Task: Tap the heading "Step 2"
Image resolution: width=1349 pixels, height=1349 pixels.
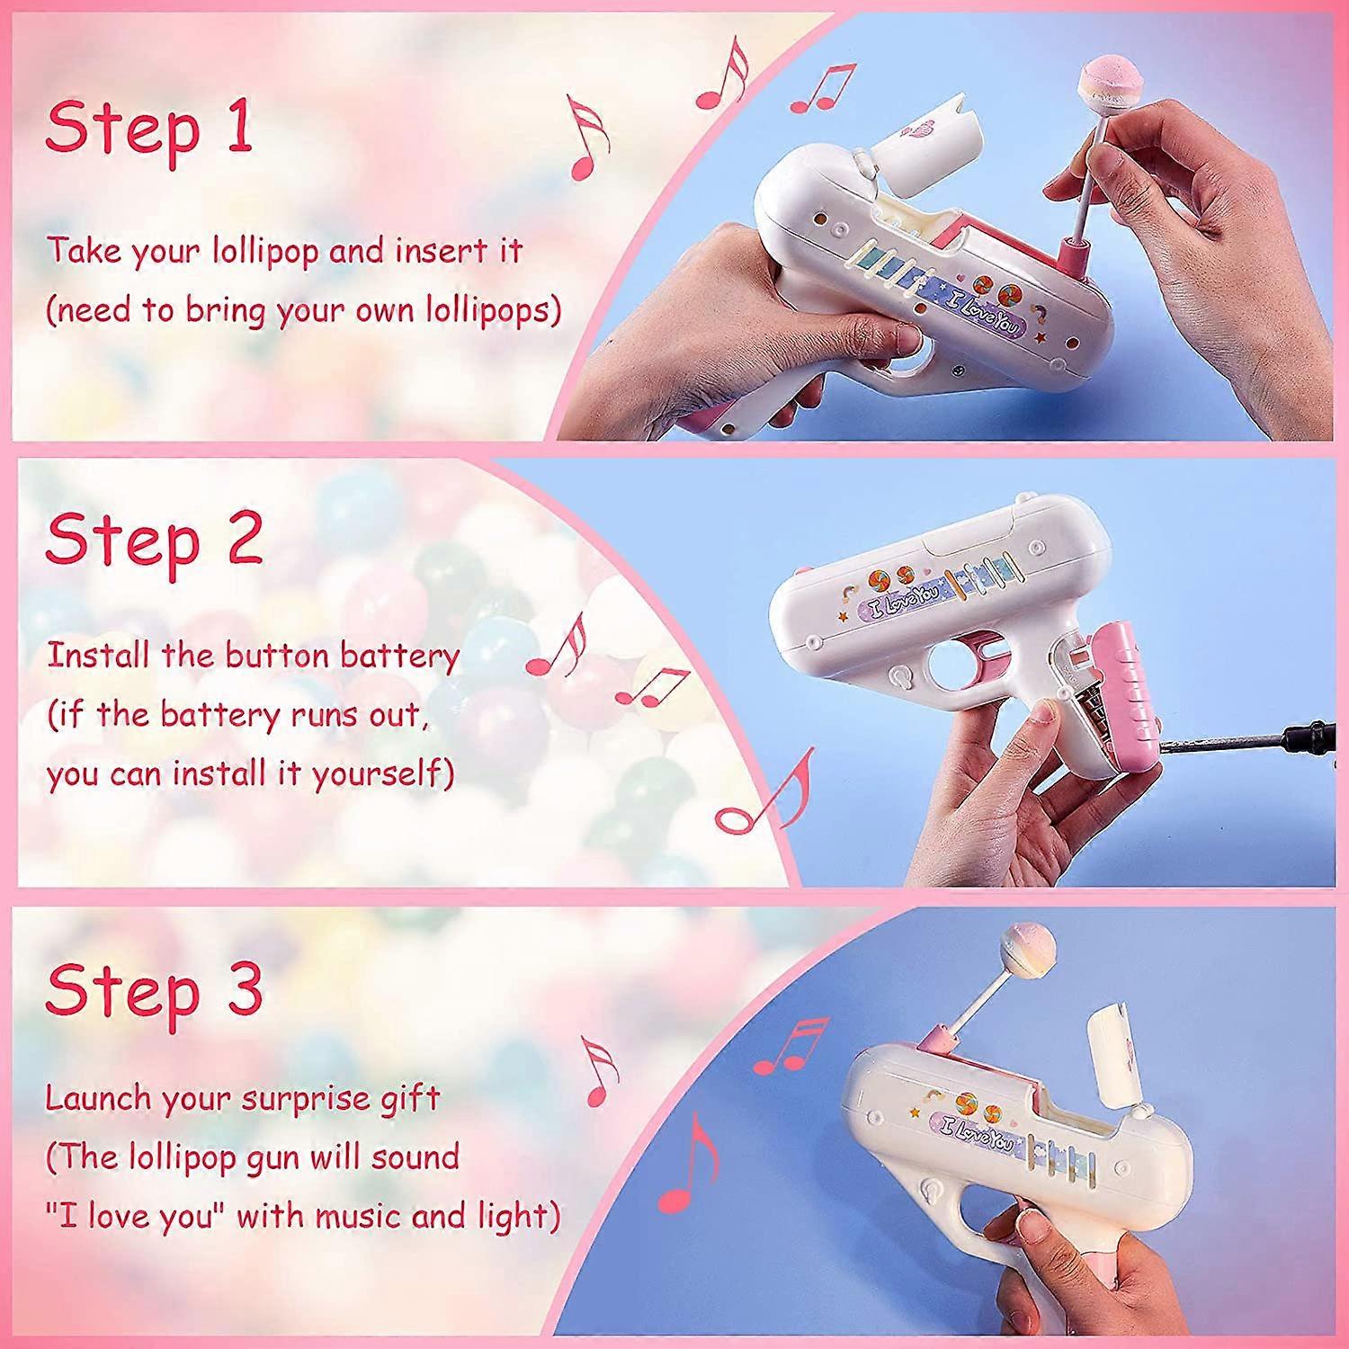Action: click(154, 540)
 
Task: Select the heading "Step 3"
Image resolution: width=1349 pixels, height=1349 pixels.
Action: click(154, 989)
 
